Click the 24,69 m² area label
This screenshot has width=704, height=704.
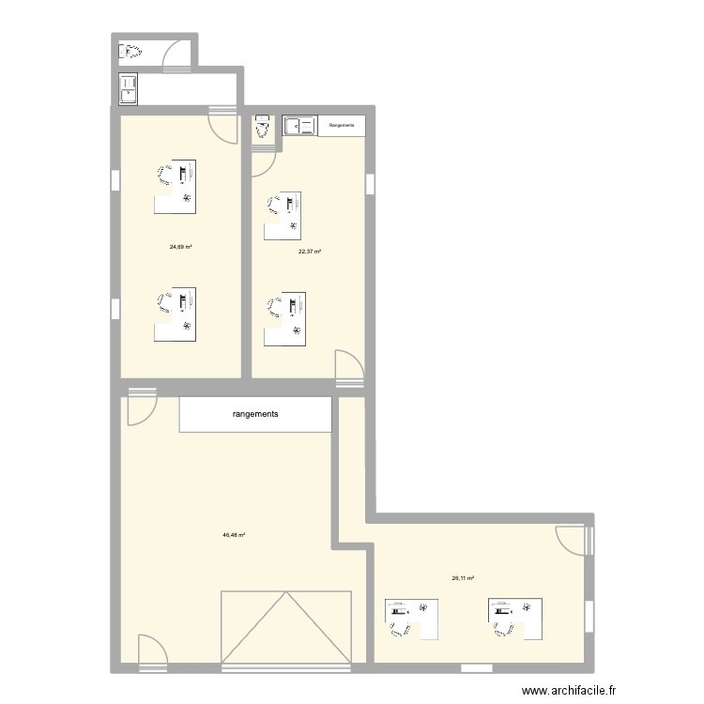point(181,247)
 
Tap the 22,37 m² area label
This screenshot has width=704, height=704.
point(310,252)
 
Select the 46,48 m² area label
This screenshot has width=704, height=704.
point(234,535)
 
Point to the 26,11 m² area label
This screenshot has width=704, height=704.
point(463,578)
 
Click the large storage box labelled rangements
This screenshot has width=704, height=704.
point(255,414)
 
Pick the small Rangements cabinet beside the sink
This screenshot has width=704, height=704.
point(343,125)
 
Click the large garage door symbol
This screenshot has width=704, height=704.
point(285,628)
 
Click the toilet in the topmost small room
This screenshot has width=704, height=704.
point(130,52)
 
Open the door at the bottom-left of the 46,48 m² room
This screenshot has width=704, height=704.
point(152,650)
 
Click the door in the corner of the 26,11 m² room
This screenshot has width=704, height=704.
point(573,541)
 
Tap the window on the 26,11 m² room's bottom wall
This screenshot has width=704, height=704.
point(476,668)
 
